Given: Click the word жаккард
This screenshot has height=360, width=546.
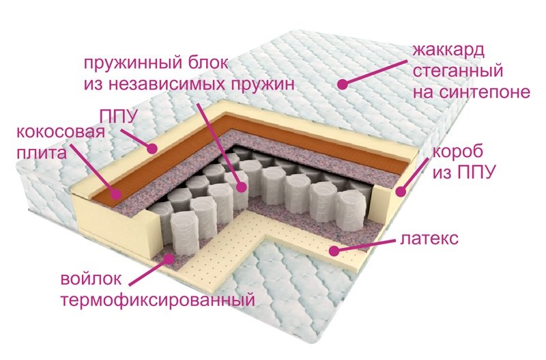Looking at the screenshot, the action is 448,51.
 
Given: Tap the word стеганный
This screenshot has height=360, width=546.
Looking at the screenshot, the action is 458,71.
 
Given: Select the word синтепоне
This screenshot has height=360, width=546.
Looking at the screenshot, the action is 485,92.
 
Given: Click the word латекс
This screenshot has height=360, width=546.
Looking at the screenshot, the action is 429,238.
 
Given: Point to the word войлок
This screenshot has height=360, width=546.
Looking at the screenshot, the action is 91,279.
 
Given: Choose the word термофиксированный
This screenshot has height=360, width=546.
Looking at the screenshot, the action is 158,300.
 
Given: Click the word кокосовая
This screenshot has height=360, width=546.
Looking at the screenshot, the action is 61,133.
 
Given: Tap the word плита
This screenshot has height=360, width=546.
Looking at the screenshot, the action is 41,153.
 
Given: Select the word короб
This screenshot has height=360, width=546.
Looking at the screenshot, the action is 458,152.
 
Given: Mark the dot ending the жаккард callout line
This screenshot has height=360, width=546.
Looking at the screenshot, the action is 343,84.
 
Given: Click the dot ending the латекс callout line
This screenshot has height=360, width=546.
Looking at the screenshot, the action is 334,251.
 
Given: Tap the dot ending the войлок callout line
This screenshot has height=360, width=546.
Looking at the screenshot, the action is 169,258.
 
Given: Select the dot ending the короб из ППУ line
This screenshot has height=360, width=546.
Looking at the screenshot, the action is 401,191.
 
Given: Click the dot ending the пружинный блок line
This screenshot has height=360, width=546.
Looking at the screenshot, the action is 241,187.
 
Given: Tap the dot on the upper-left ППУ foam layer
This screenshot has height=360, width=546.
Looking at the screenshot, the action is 152,149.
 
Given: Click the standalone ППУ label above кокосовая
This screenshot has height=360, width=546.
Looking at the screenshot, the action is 118,116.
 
